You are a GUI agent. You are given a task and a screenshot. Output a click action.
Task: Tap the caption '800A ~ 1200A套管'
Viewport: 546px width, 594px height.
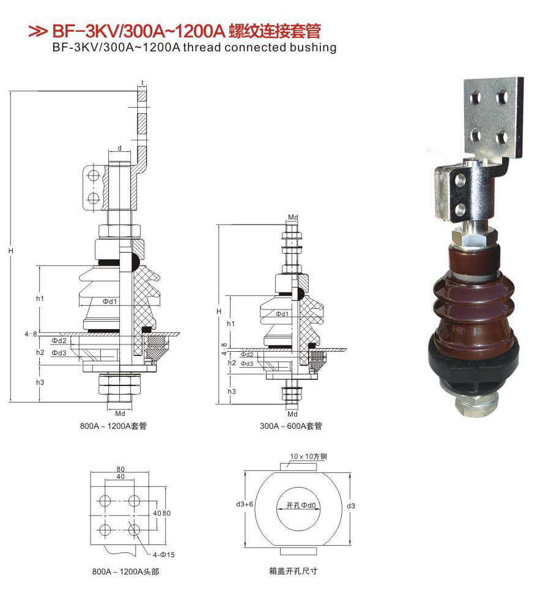pos(113,426)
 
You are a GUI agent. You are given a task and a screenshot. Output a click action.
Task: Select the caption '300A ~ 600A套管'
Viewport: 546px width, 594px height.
pos(291,426)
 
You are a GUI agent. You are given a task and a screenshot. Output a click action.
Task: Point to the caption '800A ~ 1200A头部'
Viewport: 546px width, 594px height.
pos(126,571)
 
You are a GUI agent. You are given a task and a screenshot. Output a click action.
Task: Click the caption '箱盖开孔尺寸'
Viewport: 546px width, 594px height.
pos(293,571)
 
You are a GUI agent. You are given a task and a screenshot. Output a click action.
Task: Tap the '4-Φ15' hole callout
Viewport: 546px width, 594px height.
pos(164,555)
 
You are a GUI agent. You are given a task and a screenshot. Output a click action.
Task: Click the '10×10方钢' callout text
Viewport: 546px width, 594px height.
pos(308,456)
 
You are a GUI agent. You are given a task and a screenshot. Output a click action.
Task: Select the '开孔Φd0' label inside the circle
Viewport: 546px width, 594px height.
pos(301,505)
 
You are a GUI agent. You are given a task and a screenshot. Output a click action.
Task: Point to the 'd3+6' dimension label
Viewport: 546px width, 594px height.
pos(244,504)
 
